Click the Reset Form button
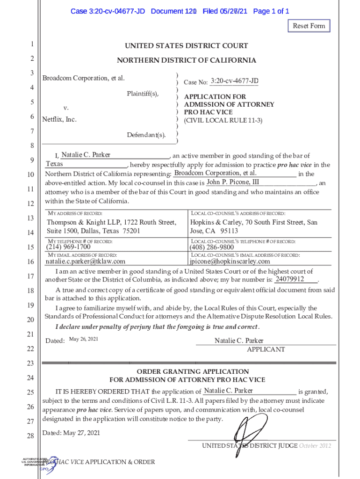pos(309,26)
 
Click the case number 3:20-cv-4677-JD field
pos(234,82)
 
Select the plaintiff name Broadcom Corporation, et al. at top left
pos(84,78)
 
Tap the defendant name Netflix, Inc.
pos(59,119)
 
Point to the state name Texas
pos(54,164)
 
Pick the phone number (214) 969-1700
pos(68,247)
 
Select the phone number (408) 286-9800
pos(212,247)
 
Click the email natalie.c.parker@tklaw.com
pos(85,261)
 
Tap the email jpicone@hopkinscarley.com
pos(230,261)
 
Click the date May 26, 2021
pos(83,339)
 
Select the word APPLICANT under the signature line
pos(266,349)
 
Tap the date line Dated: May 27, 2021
pos(71,433)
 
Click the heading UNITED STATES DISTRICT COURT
pos(186,46)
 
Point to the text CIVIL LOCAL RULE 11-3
pos(223,121)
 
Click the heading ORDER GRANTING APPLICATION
pos(186,371)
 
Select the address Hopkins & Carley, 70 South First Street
pos(253,223)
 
